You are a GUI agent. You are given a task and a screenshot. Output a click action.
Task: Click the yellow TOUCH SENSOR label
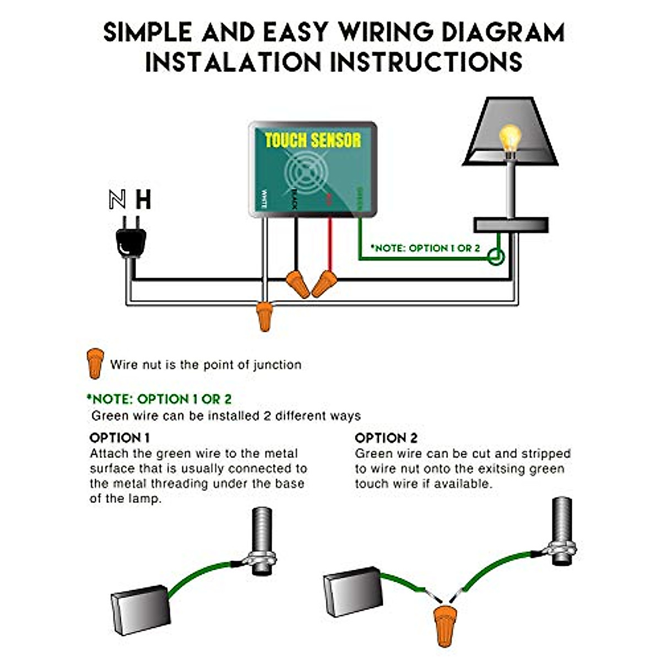[312, 140]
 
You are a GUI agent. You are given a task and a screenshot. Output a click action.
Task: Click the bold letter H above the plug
[143, 199]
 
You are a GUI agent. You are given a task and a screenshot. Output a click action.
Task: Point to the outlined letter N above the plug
[117, 199]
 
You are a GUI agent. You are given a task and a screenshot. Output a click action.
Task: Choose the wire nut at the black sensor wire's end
[297, 283]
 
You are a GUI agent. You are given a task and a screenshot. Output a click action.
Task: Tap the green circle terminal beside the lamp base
[497, 257]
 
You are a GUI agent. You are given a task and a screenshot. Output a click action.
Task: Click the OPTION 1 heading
[120, 438]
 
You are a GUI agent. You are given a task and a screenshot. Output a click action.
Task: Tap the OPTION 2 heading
[386, 438]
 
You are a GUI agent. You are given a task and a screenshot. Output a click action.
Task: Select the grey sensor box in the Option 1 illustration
[141, 609]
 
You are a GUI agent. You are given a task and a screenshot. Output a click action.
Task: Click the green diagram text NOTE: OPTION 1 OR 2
[425, 248]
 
